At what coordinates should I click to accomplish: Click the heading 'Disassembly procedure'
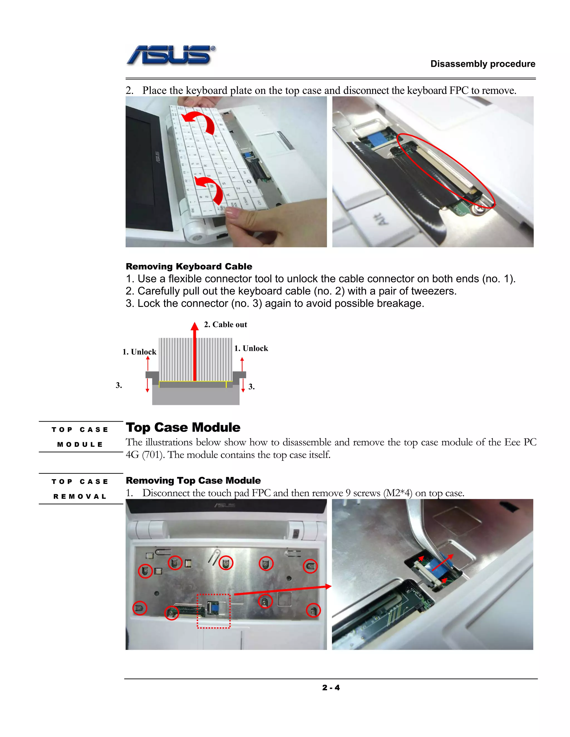(x=483, y=64)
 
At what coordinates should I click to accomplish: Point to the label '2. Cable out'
(x=225, y=324)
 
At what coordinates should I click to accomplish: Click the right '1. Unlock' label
(x=251, y=348)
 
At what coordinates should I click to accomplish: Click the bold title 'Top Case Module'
(x=183, y=427)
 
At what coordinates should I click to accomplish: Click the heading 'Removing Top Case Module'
(x=193, y=480)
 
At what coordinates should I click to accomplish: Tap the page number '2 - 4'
(x=331, y=687)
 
